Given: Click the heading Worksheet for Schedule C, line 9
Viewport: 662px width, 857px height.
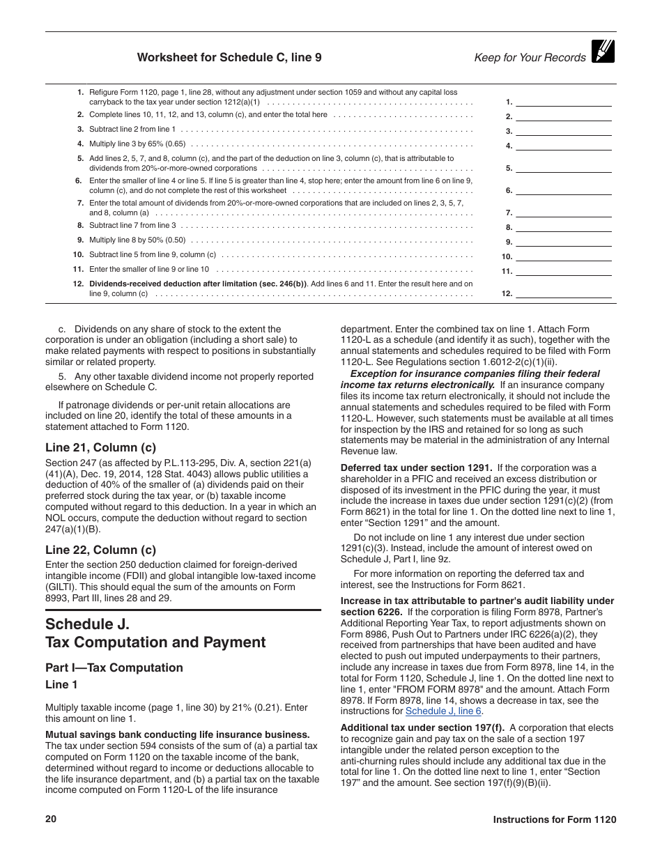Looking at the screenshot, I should (229, 58).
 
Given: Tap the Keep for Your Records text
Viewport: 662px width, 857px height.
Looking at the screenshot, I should (530, 58).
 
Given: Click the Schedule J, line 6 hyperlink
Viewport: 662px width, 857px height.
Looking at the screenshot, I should (443, 711).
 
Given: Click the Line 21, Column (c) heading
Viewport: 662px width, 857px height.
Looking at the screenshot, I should (100, 447).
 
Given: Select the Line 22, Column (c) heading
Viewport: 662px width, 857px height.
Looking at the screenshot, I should (100, 550).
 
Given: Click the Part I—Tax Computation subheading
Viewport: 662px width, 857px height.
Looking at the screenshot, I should (114, 667).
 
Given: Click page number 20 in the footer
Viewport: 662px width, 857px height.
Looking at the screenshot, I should (51, 819).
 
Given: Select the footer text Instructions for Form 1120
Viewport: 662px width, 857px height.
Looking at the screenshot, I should (555, 820).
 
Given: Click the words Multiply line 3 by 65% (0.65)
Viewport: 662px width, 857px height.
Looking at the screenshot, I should (137, 144).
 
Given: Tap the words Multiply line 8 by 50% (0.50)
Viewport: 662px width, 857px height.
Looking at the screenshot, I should (137, 240).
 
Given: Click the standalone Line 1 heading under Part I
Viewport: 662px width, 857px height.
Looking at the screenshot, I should (61, 685).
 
